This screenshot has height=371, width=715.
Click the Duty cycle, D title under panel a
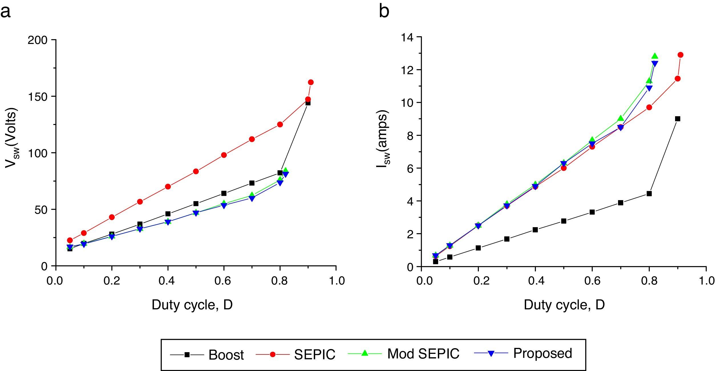[192, 305]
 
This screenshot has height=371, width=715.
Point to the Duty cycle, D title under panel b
[564, 305]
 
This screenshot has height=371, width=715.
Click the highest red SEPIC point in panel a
[311, 82]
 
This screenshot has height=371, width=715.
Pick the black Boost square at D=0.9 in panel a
[308, 103]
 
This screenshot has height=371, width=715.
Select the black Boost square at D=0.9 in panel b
[678, 119]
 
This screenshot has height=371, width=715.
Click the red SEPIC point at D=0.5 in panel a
[196, 171]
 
